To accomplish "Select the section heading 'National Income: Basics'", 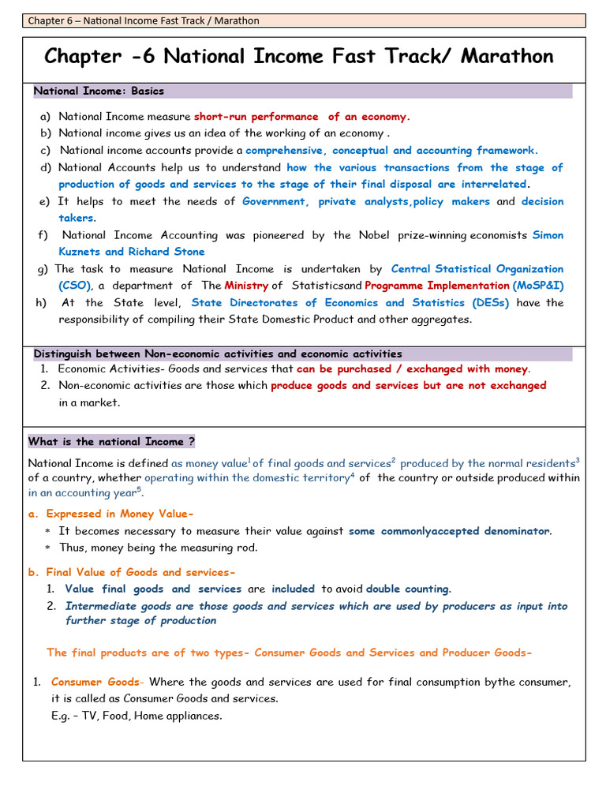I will pyautogui.click(x=99, y=91).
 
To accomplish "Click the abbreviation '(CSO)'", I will pyautogui.click(x=75, y=286).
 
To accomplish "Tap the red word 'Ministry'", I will pyautogui.click(x=246, y=286).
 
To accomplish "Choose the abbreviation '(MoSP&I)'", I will pyautogui.click(x=538, y=286).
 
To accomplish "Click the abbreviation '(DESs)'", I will pyautogui.click(x=491, y=303).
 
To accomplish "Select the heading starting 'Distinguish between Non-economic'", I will pyautogui.click(x=218, y=353).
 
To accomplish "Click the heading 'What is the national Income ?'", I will pyautogui.click(x=111, y=442).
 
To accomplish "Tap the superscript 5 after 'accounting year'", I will pyautogui.click(x=139, y=489).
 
